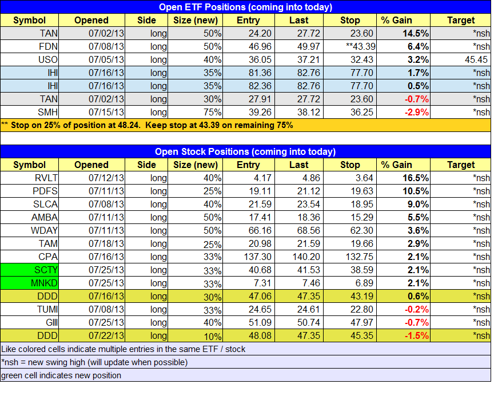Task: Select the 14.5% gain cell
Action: (403, 33)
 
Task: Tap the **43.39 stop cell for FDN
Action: (350, 46)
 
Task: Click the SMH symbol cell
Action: (30, 112)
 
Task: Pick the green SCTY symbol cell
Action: (30, 270)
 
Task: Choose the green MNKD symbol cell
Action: (30, 283)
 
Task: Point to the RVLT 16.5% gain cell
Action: (403, 178)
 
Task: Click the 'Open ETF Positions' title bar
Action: (246, 7)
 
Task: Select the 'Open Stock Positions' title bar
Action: (246, 152)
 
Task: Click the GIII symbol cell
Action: (30, 322)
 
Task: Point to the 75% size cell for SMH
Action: (196, 112)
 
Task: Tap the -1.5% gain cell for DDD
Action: (403, 335)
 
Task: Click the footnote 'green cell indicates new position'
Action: (61, 375)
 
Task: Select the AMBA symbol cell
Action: (30, 217)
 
